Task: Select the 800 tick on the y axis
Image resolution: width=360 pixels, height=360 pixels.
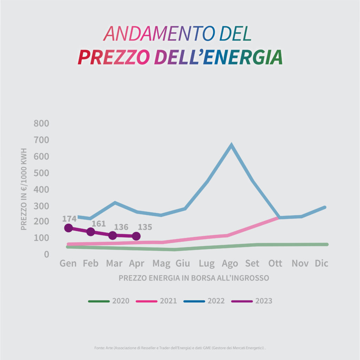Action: click(x=41, y=124)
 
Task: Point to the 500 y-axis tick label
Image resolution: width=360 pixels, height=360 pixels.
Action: click(x=41, y=173)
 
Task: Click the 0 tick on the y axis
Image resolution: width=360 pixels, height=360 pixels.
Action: click(x=46, y=254)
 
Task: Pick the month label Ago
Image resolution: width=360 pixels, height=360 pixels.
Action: click(x=230, y=263)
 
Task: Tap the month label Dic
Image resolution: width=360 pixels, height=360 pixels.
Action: click(x=321, y=263)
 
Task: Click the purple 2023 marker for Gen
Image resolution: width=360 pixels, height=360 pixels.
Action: click(x=69, y=228)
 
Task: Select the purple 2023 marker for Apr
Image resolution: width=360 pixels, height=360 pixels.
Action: click(x=136, y=236)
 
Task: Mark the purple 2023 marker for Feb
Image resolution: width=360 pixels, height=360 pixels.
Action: click(x=91, y=232)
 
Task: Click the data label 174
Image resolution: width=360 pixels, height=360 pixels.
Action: click(x=69, y=219)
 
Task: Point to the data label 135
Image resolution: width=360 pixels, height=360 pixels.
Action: click(x=145, y=227)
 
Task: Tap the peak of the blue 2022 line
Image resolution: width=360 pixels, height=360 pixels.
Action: click(x=231, y=145)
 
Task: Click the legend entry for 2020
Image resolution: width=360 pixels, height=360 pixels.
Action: click(x=109, y=301)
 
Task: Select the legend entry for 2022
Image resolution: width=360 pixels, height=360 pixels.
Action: click(x=204, y=301)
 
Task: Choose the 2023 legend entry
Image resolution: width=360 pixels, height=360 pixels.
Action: click(x=252, y=301)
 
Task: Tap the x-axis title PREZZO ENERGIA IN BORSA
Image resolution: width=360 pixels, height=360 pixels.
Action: click(x=194, y=278)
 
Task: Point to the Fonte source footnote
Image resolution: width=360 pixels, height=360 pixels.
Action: click(x=180, y=348)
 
